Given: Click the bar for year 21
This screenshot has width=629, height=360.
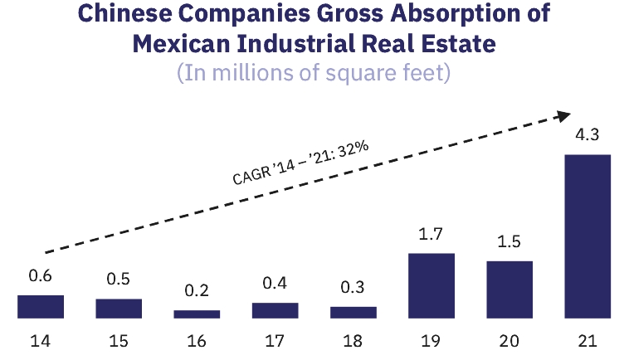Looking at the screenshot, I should click(588, 236).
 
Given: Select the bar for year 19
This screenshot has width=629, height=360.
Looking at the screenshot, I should click(432, 285).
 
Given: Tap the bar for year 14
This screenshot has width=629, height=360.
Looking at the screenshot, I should click(41, 306).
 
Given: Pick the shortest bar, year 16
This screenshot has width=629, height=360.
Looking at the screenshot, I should click(197, 314).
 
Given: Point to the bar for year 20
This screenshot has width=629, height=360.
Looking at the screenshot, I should click(510, 289).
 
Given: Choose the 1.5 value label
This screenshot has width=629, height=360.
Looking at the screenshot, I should click(510, 244).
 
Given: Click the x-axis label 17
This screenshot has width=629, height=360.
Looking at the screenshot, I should click(275, 340).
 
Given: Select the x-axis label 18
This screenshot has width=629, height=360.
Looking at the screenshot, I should click(353, 340).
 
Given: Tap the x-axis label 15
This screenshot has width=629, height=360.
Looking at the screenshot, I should click(119, 340).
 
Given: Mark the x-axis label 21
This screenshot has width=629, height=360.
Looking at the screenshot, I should click(588, 340).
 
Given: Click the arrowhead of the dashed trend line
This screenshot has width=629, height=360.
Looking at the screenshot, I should click(563, 115).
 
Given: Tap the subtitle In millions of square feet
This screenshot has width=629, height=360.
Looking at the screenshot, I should click(313, 72).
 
